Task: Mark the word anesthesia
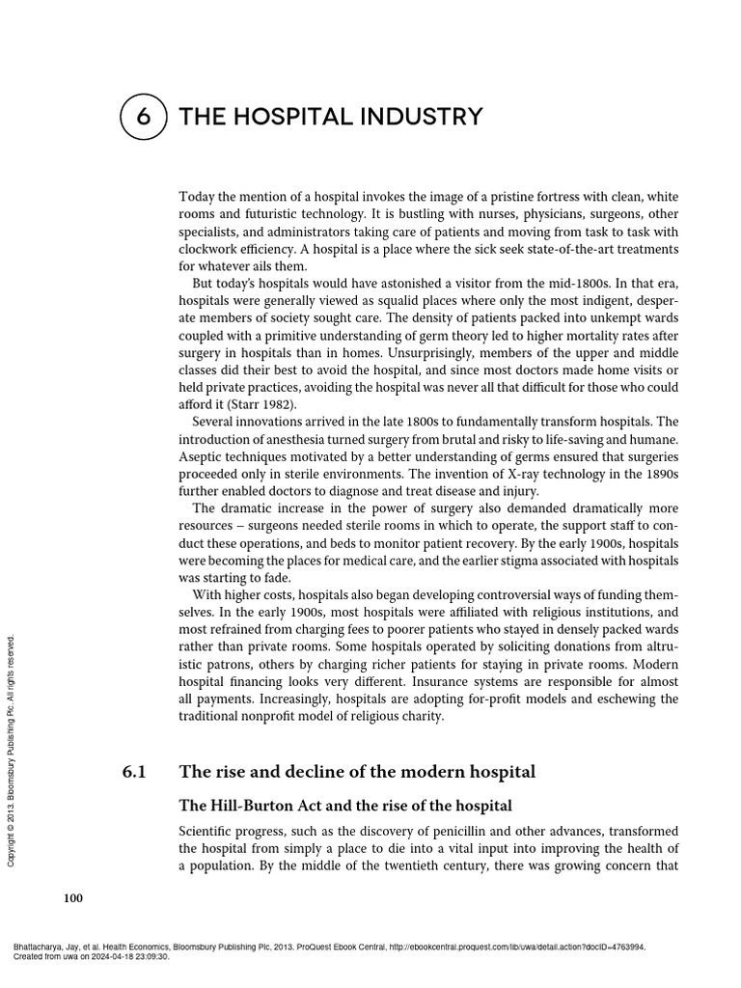(285, 440)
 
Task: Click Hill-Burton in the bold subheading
(246, 806)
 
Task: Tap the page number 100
(73, 899)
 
